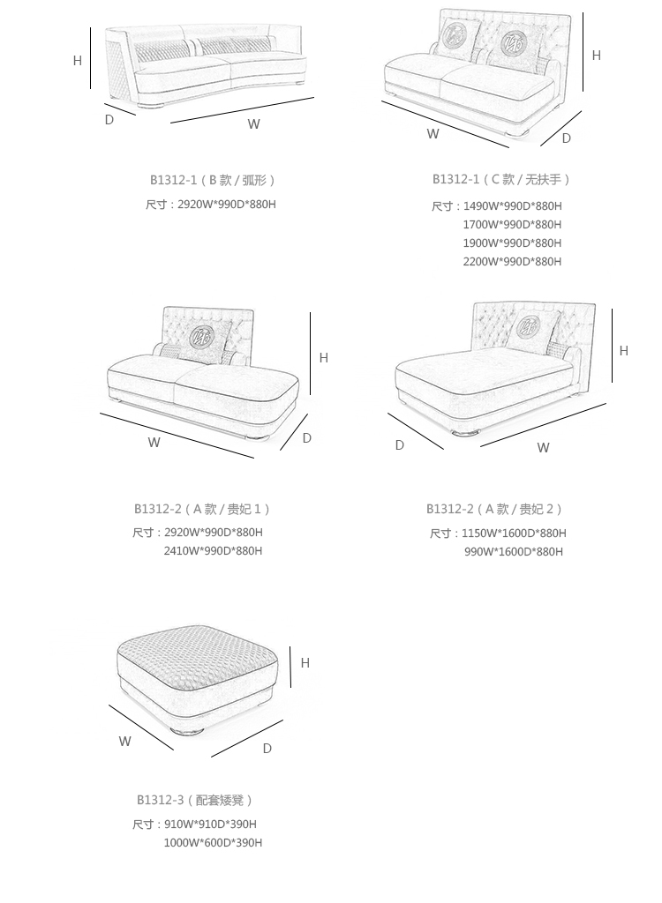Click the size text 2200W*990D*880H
click(512, 262)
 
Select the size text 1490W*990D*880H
click(512, 206)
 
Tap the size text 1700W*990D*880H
click(512, 225)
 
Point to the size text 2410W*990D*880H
click(213, 551)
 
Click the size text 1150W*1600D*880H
click(514, 534)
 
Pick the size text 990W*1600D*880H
click(514, 552)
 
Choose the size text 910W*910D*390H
click(210, 825)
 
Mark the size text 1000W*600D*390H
click(213, 843)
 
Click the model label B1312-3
click(160, 801)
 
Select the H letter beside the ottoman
click(305, 663)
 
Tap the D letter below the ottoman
click(267, 749)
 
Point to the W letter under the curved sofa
click(253, 124)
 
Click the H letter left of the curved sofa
click(78, 61)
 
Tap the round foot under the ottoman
click(186, 730)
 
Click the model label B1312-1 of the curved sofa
click(173, 180)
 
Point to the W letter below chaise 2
click(543, 448)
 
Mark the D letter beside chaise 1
click(306, 438)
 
